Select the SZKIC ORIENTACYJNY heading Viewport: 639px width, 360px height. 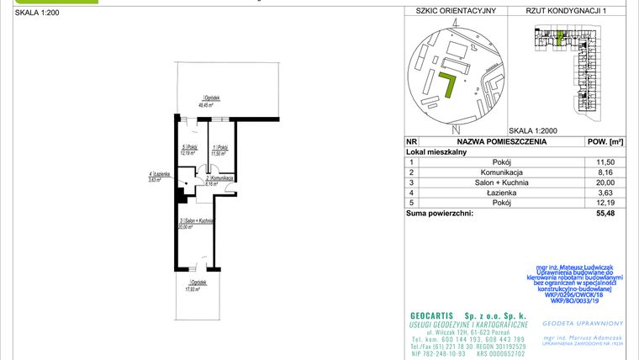451,11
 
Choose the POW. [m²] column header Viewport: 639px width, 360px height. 603,142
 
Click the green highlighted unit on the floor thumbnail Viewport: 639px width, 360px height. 558,38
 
